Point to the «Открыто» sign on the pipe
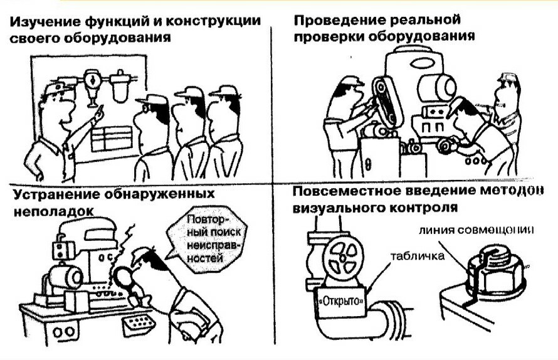(342, 301)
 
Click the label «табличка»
(418, 256)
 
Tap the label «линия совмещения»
(476, 230)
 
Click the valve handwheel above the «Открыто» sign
(342, 257)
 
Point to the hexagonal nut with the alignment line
(496, 273)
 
